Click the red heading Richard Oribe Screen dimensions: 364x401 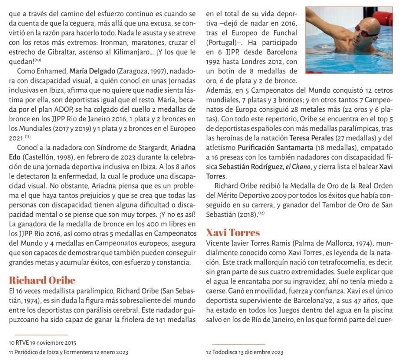(42, 280)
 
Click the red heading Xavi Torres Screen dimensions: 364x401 (233, 233)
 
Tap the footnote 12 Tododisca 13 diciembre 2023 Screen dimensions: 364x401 (245, 352)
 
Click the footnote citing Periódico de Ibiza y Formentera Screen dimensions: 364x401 (68, 352)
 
